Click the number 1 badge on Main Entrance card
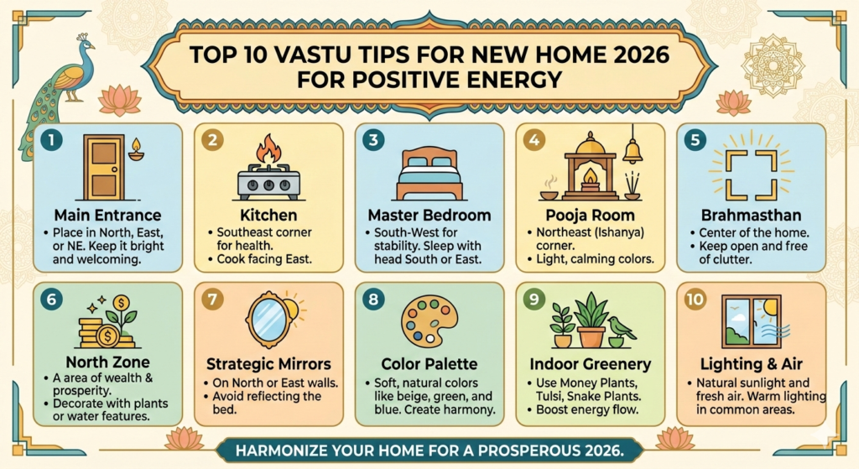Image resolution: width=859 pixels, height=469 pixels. [51, 141]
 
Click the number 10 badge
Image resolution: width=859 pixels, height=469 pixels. [696, 299]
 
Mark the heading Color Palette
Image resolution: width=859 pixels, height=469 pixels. [429, 365]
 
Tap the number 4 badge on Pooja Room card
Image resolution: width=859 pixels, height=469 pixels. [534, 140]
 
